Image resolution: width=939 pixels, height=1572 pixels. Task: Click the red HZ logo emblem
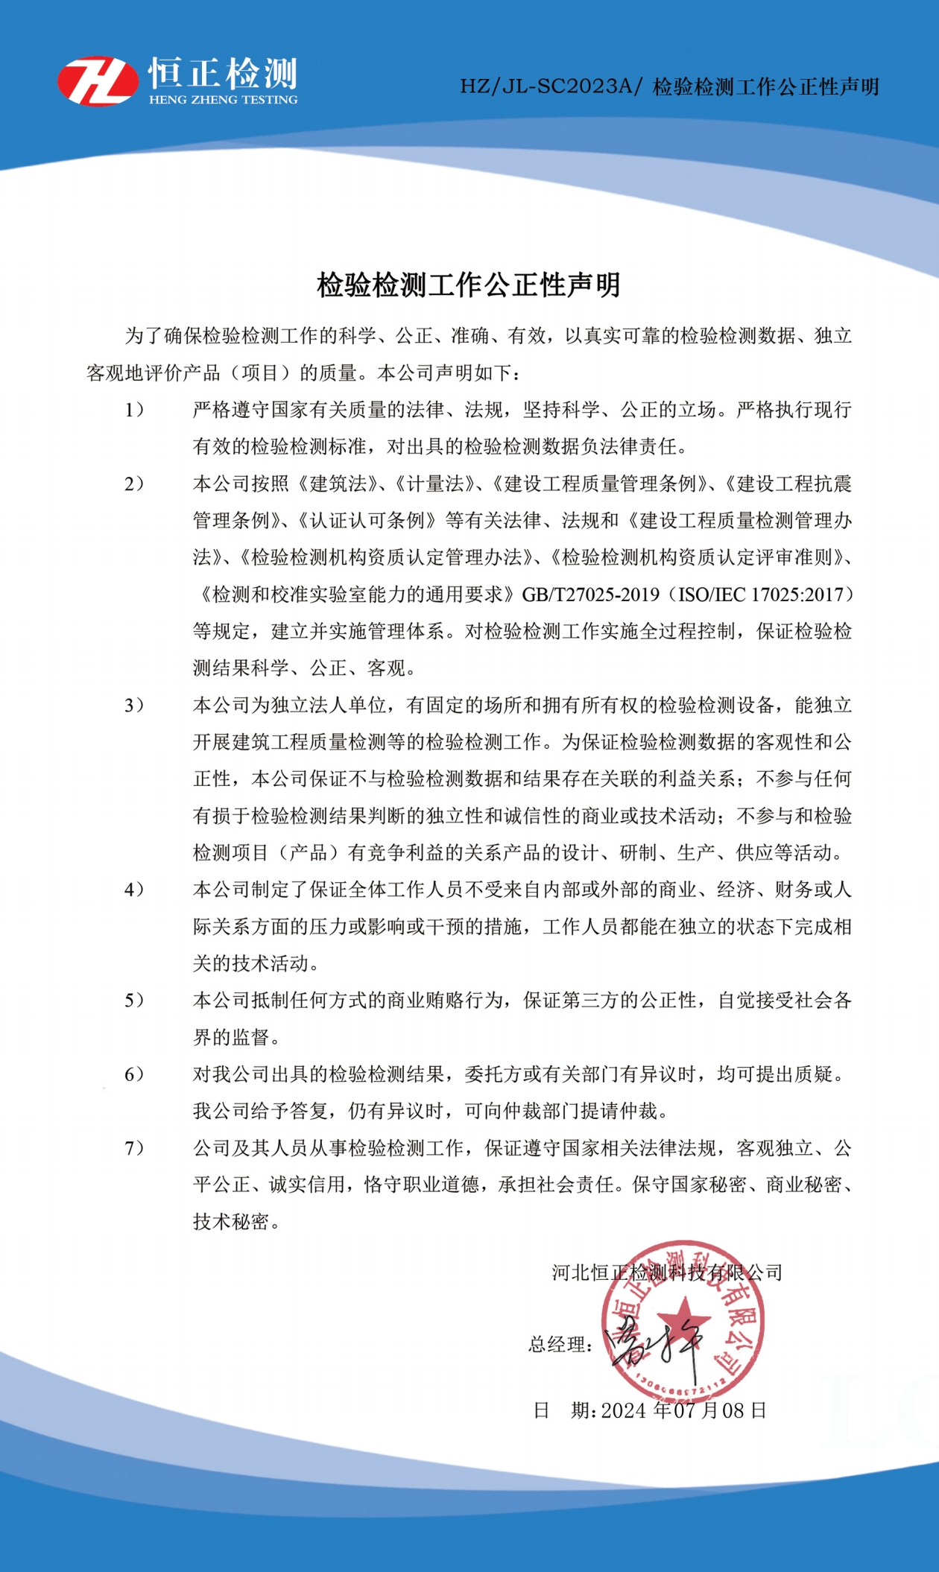pos(98,81)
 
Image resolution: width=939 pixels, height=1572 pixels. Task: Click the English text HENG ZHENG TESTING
pos(223,100)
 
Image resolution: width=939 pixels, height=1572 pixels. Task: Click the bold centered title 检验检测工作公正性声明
pos(469,285)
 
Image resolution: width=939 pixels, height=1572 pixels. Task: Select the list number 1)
pos(134,410)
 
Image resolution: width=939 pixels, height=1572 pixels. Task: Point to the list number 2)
pos(134,484)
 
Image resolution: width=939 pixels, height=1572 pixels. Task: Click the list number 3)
pos(134,705)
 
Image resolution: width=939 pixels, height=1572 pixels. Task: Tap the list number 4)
pos(134,890)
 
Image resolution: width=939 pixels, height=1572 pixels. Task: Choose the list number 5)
pos(134,1000)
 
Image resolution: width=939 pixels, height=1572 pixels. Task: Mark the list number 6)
pos(134,1074)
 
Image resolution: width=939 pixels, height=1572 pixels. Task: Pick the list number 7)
pos(134,1147)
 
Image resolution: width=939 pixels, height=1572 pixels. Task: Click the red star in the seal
pos(684,1318)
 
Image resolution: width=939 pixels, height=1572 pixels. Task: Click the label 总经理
pos(559,1345)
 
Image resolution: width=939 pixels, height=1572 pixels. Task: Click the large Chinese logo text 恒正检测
pos(223,73)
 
